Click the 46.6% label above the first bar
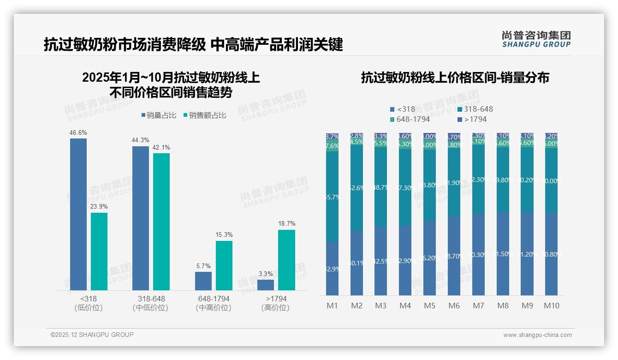(x=78, y=133)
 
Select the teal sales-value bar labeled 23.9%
(x=99, y=252)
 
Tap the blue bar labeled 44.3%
(x=141, y=218)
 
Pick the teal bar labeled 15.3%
(x=224, y=265)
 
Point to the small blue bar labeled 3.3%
(x=266, y=285)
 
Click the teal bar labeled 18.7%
(x=286, y=260)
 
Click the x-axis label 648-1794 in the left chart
(x=213, y=299)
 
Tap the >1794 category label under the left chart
(x=275, y=299)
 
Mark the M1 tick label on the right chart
(x=332, y=306)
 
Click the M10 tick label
(x=551, y=306)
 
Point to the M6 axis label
(x=454, y=306)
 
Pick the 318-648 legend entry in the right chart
(x=475, y=109)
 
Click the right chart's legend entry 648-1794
(x=410, y=120)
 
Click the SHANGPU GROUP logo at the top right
(x=536, y=39)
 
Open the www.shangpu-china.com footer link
(x=537, y=335)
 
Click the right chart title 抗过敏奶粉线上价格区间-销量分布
(x=455, y=78)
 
